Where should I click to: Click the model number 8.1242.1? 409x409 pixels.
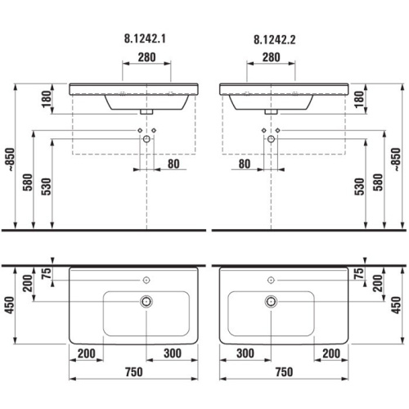145,38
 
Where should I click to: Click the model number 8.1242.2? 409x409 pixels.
275,40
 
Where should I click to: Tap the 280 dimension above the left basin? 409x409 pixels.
146,57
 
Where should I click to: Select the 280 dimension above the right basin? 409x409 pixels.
271,57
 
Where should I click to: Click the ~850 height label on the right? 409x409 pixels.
397,160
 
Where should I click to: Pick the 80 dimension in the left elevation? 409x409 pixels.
173,164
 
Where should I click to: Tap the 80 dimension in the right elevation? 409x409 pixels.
245,164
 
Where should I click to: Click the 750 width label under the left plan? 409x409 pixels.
133,372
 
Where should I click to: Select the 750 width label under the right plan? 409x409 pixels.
284,372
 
